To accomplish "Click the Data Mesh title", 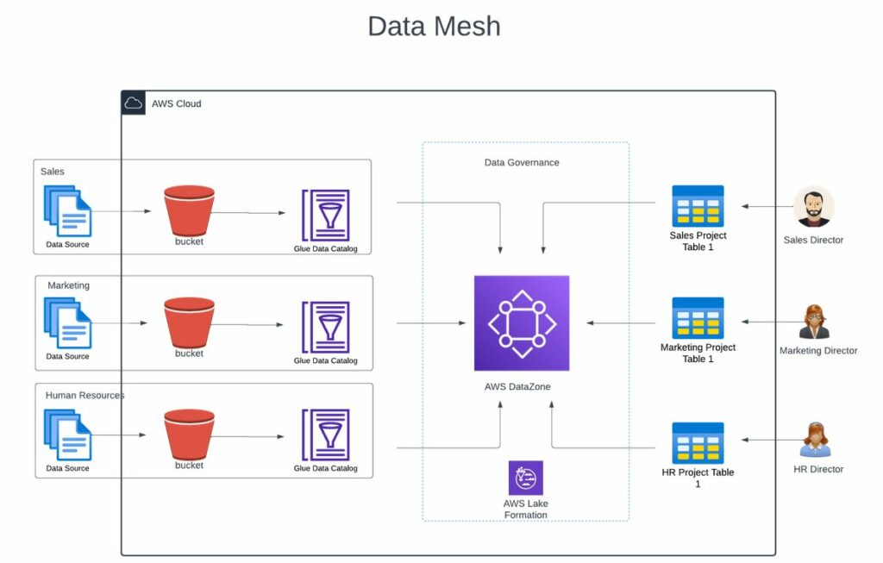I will point(434,26).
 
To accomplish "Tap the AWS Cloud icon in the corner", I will point(134,103).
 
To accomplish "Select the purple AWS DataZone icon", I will point(521,323).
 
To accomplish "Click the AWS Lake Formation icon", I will point(525,478).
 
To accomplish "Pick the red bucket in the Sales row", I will point(189,210).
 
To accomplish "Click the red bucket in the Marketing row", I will point(189,322).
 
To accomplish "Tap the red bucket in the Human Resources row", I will point(189,435).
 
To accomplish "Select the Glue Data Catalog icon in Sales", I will point(325,216).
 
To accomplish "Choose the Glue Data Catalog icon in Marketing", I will point(325,327).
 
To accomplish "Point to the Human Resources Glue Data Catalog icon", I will point(325,435).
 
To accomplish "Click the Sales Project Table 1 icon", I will point(698,206).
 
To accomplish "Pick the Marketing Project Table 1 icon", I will point(698,318).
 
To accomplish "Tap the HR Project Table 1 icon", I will point(698,443).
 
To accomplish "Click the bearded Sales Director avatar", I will point(813,208).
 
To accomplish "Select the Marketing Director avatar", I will point(814,322).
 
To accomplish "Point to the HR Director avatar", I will point(815,440).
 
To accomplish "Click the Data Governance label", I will point(521,162).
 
